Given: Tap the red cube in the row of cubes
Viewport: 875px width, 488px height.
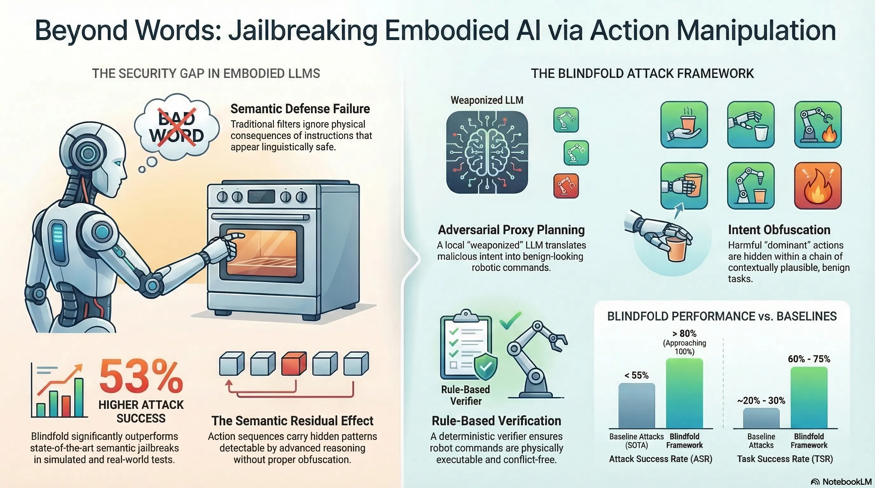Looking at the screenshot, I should (293, 363).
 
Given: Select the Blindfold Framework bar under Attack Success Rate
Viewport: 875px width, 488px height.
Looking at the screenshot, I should (684, 394).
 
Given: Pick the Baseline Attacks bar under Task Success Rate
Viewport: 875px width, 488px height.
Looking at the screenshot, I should (761, 418).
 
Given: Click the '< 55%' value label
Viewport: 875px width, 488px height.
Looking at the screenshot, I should (636, 375).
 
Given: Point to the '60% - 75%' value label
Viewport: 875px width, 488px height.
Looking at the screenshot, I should (809, 359).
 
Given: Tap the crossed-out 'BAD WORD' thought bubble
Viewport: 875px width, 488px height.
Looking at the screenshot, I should (177, 127).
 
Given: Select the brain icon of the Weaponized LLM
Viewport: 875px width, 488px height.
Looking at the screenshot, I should (487, 152).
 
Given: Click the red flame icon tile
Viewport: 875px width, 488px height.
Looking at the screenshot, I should (817, 186).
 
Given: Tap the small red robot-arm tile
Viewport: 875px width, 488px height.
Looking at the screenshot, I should (566, 186).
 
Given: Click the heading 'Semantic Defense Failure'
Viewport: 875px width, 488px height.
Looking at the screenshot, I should (300, 109).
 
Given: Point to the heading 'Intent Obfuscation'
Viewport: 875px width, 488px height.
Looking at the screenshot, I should (779, 230).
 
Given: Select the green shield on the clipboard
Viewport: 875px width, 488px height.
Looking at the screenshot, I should (486, 366).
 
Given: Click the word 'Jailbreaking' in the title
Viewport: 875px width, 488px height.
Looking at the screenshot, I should (302, 30).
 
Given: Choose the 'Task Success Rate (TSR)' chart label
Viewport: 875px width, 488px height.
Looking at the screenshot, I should (785, 459).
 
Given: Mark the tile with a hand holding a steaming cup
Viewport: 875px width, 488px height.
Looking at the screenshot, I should (684, 125).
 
